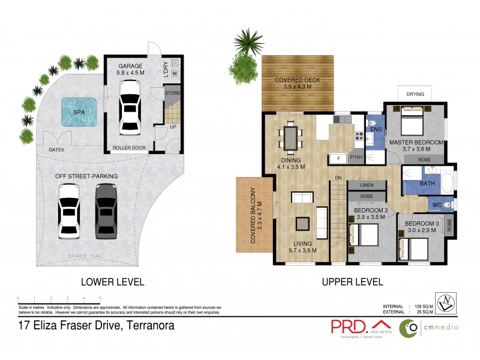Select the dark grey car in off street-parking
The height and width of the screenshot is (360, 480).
coord(104,211)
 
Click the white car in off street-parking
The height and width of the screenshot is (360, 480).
coord(68,211)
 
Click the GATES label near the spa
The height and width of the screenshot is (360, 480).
coord(58,149)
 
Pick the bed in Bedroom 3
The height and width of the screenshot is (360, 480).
coord(412,247)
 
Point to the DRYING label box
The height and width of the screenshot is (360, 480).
coord(415,94)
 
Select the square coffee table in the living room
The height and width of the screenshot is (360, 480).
coord(301,222)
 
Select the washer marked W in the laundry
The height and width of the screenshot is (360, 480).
coord(175,74)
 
